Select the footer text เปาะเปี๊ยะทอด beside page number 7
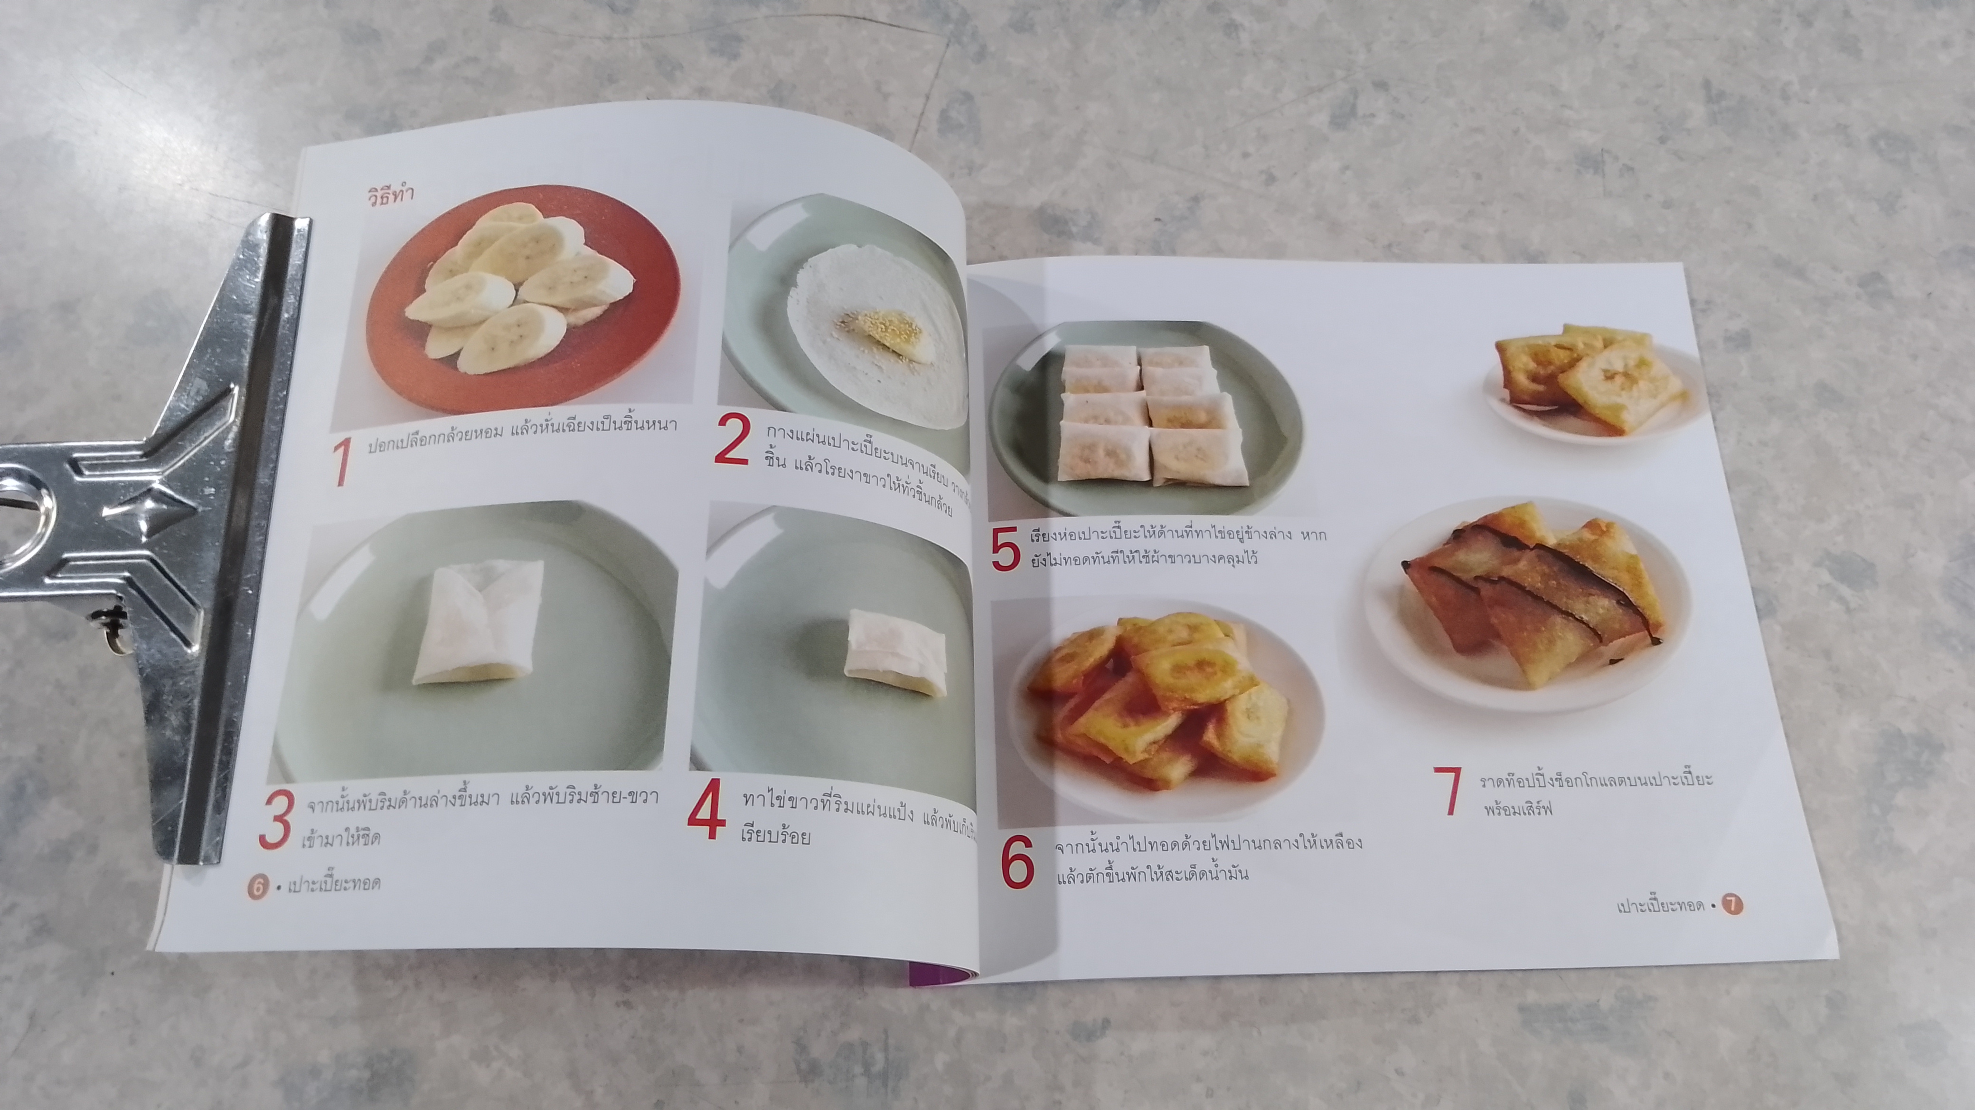click(x=1660, y=906)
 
